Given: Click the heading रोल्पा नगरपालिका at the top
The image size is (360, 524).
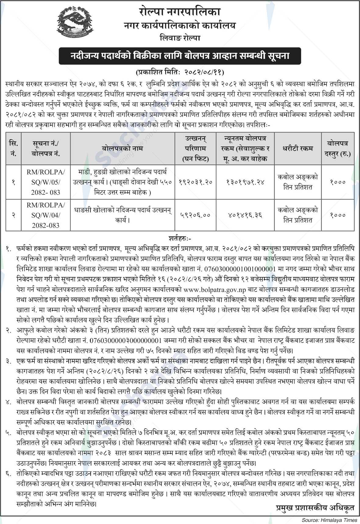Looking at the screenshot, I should [179, 12].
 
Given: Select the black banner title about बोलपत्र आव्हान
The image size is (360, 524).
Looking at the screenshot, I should [180, 56].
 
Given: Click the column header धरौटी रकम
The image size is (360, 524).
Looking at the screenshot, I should [298, 148].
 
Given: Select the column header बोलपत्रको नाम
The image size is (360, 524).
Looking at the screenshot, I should [123, 148].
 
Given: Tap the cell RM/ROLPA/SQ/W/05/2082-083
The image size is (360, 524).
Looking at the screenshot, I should [45, 182].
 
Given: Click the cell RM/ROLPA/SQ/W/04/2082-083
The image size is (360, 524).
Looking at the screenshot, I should [45, 215].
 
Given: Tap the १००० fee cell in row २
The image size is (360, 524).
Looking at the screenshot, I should [338, 215].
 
